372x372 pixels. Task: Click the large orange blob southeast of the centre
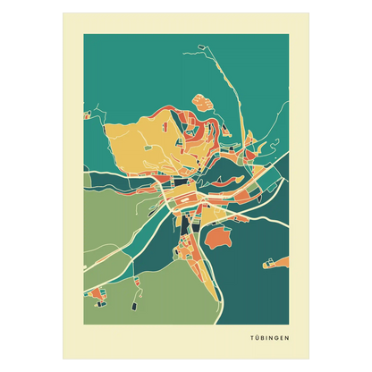coord(217,238)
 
